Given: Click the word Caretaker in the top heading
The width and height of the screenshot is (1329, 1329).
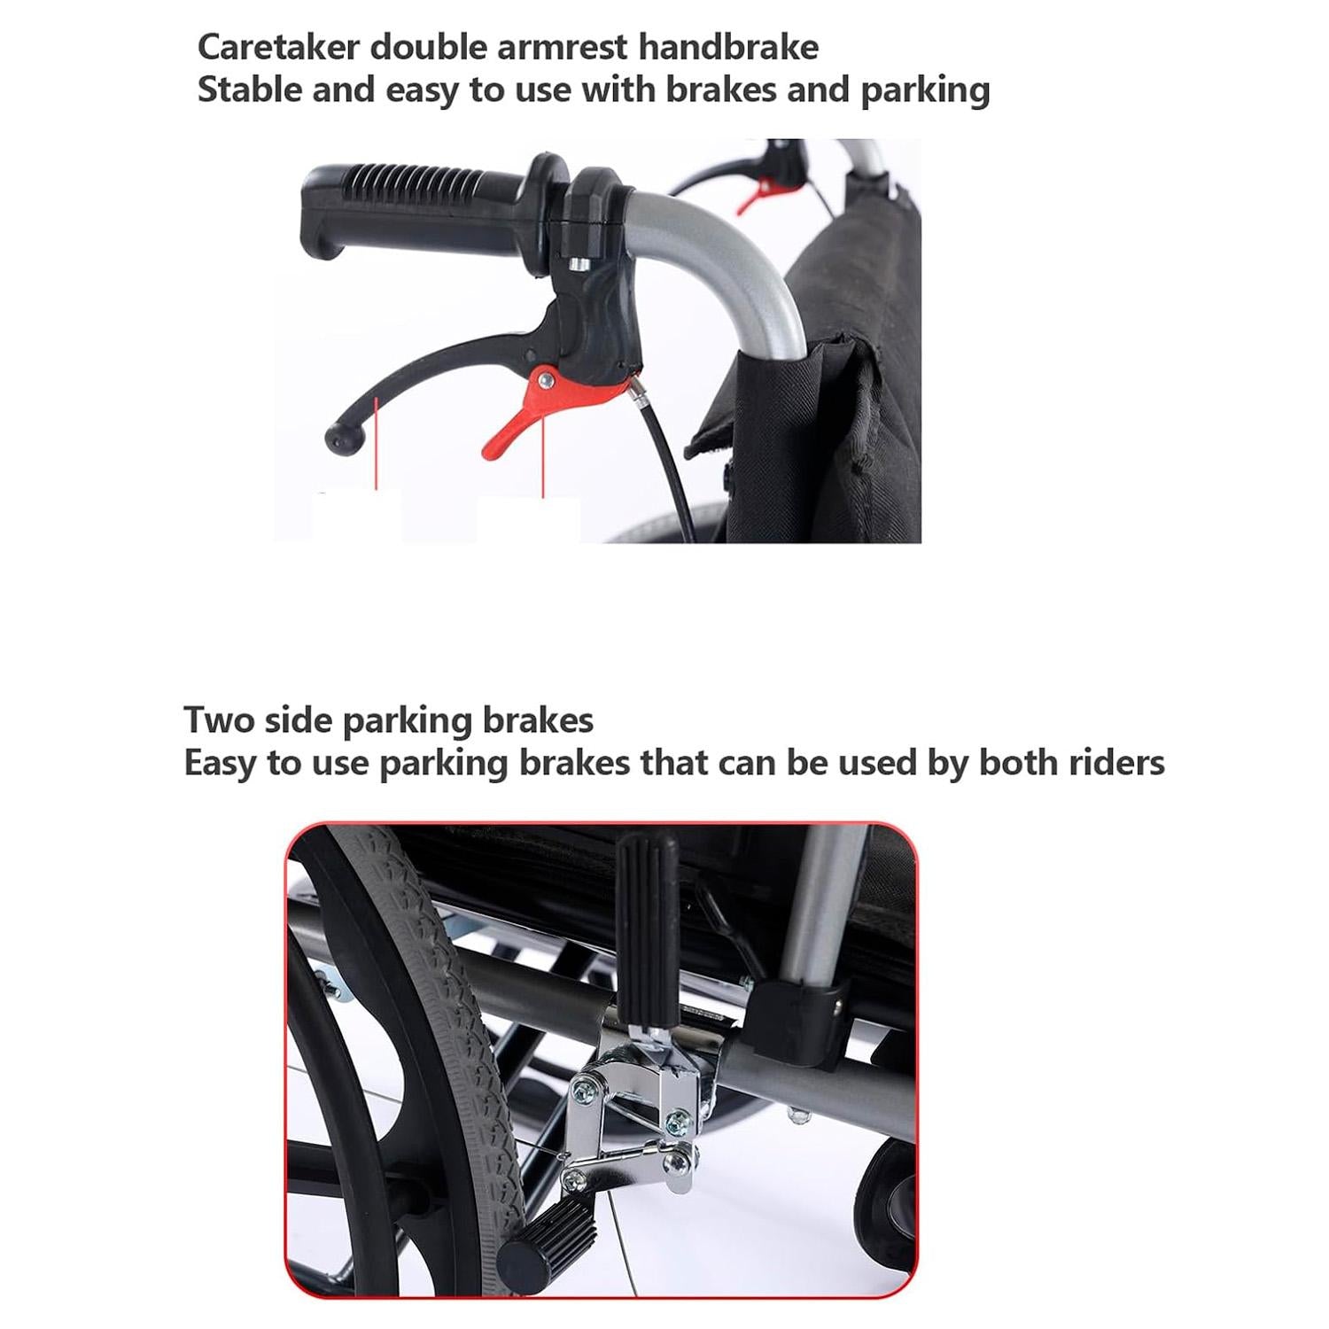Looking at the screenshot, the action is click(278, 47).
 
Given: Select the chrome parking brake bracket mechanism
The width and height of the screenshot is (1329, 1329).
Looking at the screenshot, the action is click(638, 1107).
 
